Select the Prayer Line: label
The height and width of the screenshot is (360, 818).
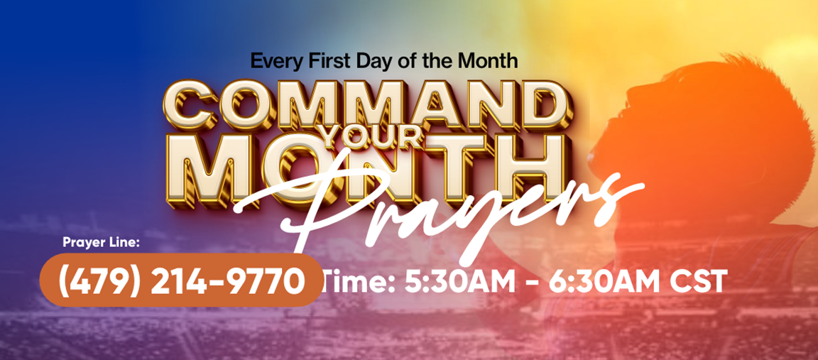tap(102, 242)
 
